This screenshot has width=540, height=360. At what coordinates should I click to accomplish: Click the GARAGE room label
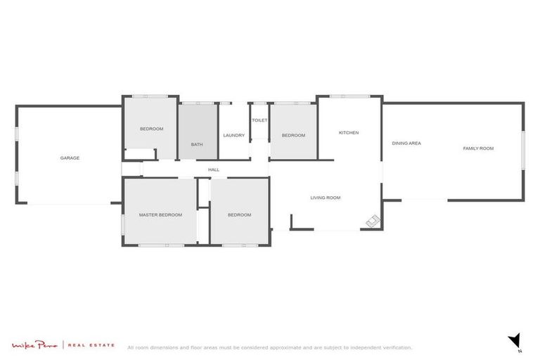[x=70, y=158]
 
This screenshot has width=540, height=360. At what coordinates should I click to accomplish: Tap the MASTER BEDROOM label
[x=160, y=214]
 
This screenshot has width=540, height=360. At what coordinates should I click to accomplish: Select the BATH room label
[x=197, y=145]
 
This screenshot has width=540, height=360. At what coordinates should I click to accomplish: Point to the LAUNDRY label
[x=233, y=135]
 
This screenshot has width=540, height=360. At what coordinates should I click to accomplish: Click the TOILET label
[x=259, y=120]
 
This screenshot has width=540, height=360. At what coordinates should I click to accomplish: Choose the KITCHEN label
[x=349, y=132]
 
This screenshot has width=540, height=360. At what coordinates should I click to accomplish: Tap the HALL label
[x=214, y=169]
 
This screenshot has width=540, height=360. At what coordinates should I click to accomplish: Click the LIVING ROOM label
[x=326, y=198]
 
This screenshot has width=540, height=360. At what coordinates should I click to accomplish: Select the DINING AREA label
[x=406, y=143]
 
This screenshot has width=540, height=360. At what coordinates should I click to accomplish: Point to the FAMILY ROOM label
[x=478, y=148]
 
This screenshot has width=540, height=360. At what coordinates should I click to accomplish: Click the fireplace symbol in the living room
[x=373, y=222]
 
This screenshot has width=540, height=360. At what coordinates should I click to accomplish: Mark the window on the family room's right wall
[x=522, y=150]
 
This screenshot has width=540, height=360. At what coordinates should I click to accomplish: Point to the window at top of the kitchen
[x=349, y=96]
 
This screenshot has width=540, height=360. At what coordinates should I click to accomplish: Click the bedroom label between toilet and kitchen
[x=293, y=135]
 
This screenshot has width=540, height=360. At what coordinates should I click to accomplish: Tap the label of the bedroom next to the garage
[x=151, y=129]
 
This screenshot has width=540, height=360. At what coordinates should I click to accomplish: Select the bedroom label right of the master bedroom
[x=239, y=215]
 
